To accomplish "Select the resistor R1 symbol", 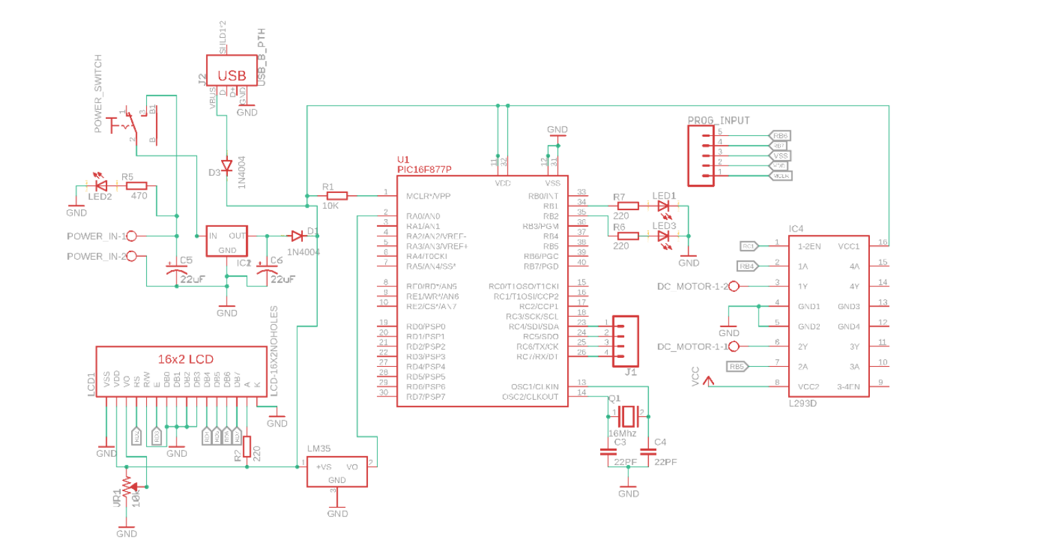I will [x=336, y=196].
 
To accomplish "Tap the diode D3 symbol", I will [x=226, y=166].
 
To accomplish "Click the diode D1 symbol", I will [x=297, y=236].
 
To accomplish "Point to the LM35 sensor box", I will [x=337, y=472].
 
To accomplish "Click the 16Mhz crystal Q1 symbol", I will [x=628, y=415].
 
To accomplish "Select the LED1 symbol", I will [x=663, y=206].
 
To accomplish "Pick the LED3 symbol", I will [x=663, y=236].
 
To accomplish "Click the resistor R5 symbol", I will [x=136, y=185].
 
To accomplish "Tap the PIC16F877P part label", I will [x=424, y=169].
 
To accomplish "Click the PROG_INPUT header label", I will [x=718, y=120].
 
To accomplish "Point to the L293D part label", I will [x=803, y=403].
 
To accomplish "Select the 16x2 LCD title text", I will [x=185, y=359].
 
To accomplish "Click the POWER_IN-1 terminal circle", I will [x=132, y=236].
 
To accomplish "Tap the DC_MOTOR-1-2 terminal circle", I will [x=733, y=286].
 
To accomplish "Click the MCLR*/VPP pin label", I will [x=428, y=196].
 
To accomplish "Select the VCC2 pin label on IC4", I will [x=808, y=387].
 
